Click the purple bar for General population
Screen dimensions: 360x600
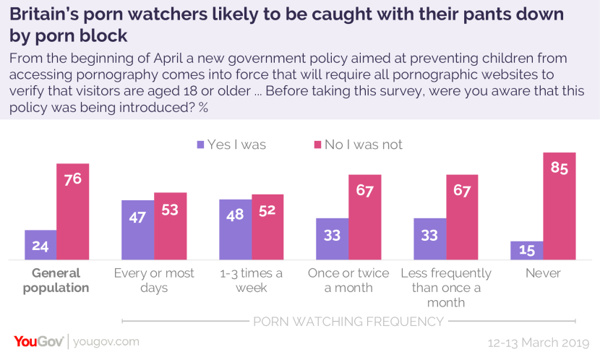[40, 245]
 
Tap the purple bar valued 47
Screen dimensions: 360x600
[137, 230]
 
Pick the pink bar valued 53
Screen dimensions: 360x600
[170, 226]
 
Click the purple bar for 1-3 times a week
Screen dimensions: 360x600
[235, 229]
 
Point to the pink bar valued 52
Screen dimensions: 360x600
[267, 227]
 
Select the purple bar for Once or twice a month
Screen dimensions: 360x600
[332, 239]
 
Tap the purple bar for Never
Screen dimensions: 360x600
[526, 250]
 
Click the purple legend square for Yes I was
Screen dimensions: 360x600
[200, 145]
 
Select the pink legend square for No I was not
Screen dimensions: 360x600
[316, 145]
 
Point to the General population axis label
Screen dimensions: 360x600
[56, 280]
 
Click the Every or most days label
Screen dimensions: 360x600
[154, 280]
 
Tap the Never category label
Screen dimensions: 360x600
[543, 273]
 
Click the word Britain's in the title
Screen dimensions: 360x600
[47, 15]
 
